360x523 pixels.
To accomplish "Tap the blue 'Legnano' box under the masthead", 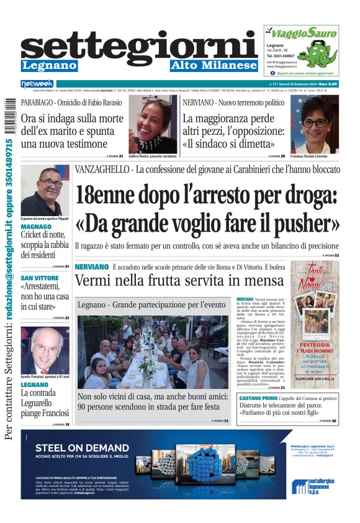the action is (50, 65).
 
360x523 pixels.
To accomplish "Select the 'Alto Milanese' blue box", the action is (214, 65).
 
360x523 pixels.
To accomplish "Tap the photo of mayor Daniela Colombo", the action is (315, 124).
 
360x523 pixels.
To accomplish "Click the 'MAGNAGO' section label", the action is (37, 227).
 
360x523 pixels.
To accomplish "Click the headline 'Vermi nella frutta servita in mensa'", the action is (179, 281).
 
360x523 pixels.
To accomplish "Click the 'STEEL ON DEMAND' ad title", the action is (82, 447).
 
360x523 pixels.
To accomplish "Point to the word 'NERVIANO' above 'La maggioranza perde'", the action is (199, 101).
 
